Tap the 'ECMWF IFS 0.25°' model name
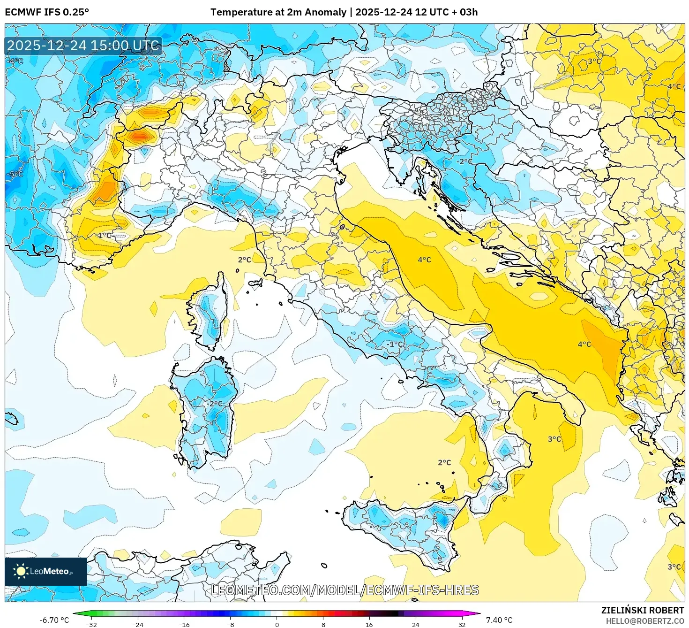click(47, 12)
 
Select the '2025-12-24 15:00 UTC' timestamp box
click(83, 46)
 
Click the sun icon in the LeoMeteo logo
click(21, 571)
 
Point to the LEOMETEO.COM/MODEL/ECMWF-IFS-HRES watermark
click(344, 590)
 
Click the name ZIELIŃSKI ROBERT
click(642, 610)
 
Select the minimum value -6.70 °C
click(54, 620)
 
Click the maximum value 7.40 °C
click(499, 620)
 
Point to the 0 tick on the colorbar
click(277, 624)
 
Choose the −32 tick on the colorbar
click(91, 624)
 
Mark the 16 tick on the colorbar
click(369, 624)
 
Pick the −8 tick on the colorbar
click(231, 624)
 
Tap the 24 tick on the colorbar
click(416, 624)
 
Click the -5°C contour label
click(15, 174)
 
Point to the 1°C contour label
click(105, 235)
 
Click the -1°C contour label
click(394, 344)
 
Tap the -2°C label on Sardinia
click(215, 404)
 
